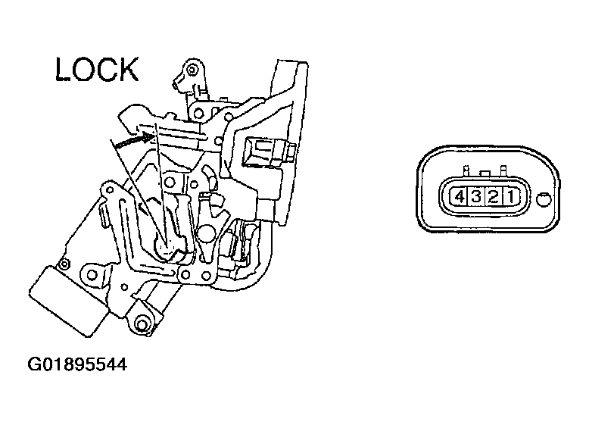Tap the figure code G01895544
click(x=76, y=365)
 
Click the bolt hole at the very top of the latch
click(x=193, y=70)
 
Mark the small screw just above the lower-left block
click(x=64, y=264)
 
